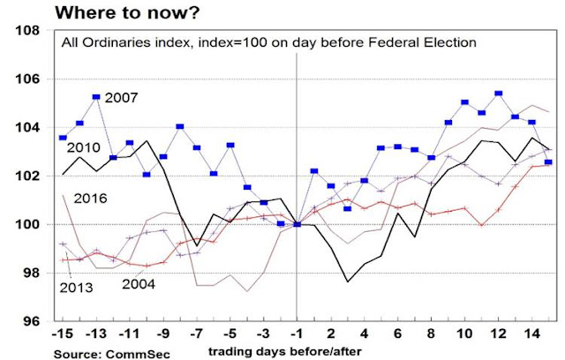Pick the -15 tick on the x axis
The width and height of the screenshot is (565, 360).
[x=63, y=335]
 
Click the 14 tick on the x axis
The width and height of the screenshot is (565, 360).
[x=532, y=335]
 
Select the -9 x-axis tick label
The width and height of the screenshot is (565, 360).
[x=162, y=335]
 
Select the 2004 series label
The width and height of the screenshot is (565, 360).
[x=138, y=284]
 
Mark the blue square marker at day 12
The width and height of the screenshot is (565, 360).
[x=499, y=93]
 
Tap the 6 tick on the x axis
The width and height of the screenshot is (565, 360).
[x=398, y=335]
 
